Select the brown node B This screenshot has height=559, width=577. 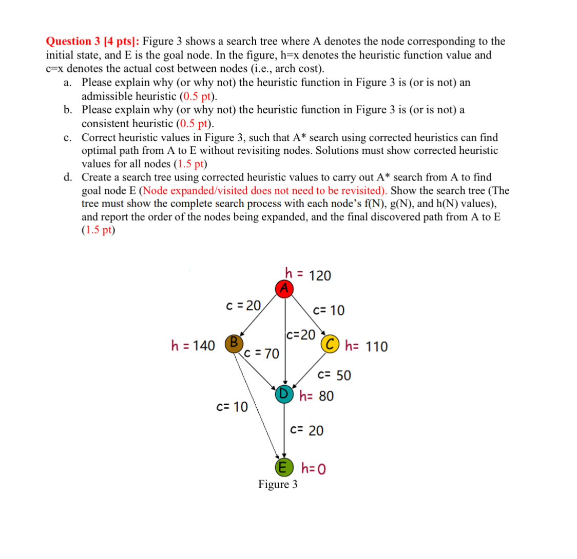[233, 343]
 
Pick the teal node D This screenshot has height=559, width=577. [283, 394]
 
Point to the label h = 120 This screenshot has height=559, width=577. [308, 275]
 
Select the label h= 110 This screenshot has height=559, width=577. [367, 347]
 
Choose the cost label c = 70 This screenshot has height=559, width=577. [262, 353]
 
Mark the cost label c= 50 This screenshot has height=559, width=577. [335, 375]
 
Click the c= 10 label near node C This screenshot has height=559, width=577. [329, 310]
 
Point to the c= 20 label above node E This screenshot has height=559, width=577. [307, 431]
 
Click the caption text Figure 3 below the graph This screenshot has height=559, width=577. [278, 484]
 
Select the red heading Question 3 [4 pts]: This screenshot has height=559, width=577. [93, 41]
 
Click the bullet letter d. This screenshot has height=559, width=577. [68, 177]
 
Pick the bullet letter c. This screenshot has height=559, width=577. [68, 137]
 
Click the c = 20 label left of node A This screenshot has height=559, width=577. [243, 306]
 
